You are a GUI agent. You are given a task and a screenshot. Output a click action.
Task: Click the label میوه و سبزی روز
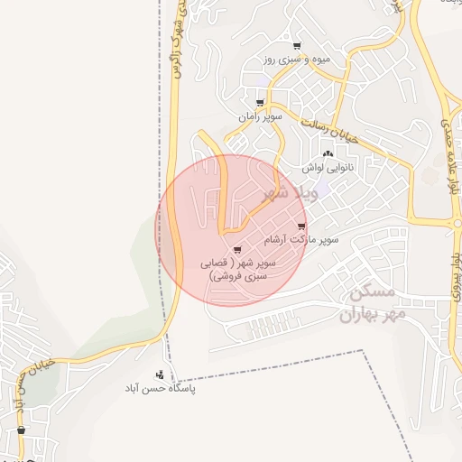(x=297, y=60)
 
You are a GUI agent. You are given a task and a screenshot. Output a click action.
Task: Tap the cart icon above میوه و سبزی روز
(x=297, y=46)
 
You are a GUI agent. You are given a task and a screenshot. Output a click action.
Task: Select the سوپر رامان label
(x=261, y=117)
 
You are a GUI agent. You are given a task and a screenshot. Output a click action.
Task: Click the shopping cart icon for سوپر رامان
(x=260, y=104)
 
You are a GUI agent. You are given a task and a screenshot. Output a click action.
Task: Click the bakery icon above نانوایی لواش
(x=327, y=154)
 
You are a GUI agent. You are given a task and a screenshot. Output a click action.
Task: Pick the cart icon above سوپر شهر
(x=236, y=250)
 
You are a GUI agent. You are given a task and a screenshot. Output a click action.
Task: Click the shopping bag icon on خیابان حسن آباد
(x=21, y=430)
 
